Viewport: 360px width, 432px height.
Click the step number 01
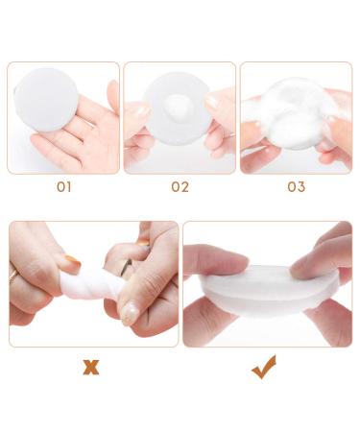pyautogui.click(x=64, y=187)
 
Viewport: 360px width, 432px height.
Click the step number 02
pyautogui.click(x=180, y=187)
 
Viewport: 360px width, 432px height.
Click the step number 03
pyautogui.click(x=297, y=187)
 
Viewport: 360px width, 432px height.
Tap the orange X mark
pyautogui.click(x=90, y=367)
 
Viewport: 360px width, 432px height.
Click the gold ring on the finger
pyautogui.click(x=13, y=276)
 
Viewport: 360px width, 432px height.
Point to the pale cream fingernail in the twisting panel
pyautogui.click(x=130, y=314)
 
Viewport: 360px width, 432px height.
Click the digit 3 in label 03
pyautogui.click(x=301, y=187)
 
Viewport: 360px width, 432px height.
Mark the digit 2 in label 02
pyautogui.click(x=185, y=187)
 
